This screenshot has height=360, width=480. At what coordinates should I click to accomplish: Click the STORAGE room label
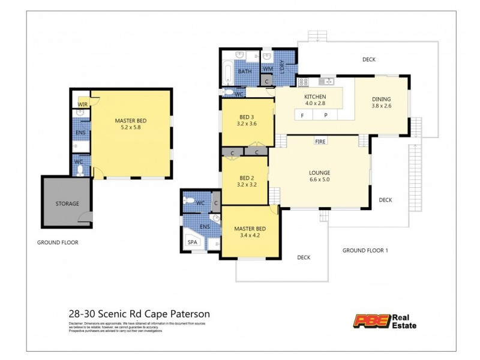coord(67,203)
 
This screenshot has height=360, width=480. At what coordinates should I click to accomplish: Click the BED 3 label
coord(247,117)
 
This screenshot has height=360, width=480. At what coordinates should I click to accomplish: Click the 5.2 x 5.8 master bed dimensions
coord(130,128)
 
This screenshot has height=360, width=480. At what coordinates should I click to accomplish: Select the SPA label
coord(193,242)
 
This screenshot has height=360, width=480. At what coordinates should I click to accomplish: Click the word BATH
coord(245,71)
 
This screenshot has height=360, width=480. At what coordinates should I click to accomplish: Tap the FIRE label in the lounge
coord(320,142)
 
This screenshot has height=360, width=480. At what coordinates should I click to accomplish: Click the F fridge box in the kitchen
coord(302,115)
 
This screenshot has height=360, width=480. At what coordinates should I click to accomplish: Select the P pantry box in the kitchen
coord(326,115)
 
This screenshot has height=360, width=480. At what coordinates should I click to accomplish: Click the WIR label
coord(82,105)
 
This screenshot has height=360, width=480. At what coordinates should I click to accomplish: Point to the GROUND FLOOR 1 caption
coord(365,250)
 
